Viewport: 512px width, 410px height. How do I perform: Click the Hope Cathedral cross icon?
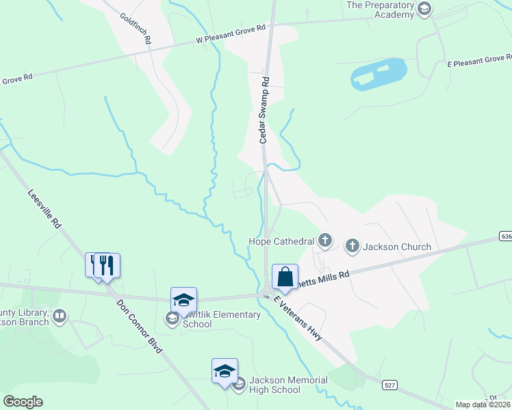(x=325, y=241)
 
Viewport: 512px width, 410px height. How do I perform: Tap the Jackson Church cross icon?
(x=353, y=246)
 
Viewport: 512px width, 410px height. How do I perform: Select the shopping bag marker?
(x=285, y=277)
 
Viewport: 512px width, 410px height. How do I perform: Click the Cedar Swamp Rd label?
(x=264, y=109)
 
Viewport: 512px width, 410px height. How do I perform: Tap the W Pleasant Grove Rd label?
(x=230, y=35)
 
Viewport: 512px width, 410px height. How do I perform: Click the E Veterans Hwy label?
(x=298, y=320)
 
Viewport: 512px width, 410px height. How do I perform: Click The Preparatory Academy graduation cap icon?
(x=425, y=9)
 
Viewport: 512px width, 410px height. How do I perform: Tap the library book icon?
(x=60, y=316)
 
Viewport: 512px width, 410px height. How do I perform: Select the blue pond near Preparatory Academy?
(x=379, y=73)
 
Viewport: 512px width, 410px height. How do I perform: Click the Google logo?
(x=23, y=402)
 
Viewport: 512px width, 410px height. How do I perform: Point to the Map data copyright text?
(x=483, y=405)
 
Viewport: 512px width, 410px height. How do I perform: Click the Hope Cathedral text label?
(x=281, y=241)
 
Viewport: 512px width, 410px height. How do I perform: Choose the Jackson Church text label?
(x=397, y=247)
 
